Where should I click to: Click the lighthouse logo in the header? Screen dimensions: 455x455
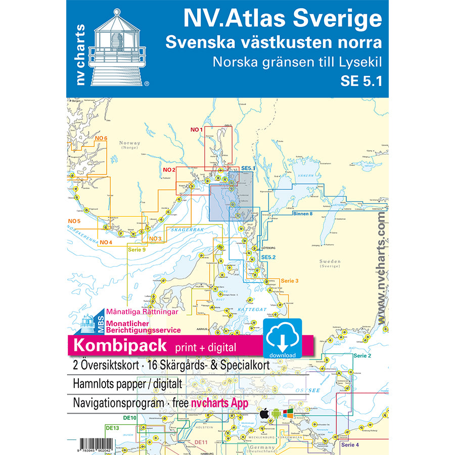117,48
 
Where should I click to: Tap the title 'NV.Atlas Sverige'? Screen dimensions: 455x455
282,19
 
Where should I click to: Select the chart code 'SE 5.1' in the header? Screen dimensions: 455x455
361,81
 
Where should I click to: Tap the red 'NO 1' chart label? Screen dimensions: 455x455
197,130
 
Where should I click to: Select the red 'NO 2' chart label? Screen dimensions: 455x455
169,169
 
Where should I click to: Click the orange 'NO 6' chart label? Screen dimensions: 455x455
101,139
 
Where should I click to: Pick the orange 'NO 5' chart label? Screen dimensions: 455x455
74,221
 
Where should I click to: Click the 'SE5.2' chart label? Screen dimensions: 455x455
268,257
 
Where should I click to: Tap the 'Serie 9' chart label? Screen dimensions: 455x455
136,250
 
